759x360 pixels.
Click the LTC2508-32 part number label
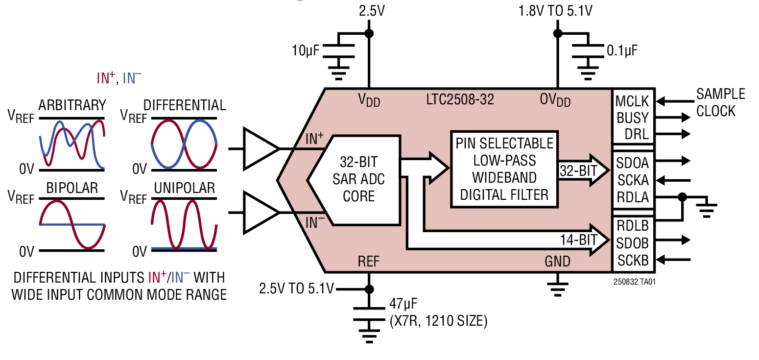click(460, 100)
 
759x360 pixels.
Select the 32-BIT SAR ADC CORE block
click(358, 179)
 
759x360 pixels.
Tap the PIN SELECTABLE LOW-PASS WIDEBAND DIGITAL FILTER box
click(504, 169)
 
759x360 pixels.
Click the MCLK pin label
click(632, 102)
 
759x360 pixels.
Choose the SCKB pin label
click(633, 260)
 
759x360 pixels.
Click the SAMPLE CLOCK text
click(720, 102)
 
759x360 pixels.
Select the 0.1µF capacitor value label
click(622, 50)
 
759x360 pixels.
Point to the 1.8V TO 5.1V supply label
click(555, 11)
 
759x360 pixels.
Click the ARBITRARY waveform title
click(72, 105)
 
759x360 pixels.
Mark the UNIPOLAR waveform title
click(184, 188)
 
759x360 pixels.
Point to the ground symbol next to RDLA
click(705, 209)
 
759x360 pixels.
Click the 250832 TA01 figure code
click(634, 282)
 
